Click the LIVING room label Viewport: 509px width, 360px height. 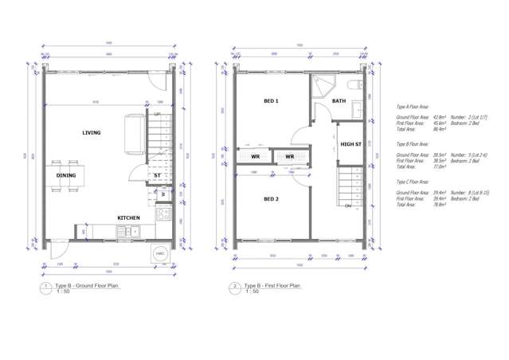[91, 133]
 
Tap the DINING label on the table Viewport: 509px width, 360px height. [66, 175]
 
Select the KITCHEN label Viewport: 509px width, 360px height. [129, 217]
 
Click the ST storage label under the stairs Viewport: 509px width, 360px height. [157, 175]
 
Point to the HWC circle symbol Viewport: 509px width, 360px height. [159, 253]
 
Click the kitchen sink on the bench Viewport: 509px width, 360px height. [127, 232]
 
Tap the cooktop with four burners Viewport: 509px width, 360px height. [163, 213]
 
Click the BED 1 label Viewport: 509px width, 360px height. [271, 101]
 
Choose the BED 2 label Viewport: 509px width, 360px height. [271, 199]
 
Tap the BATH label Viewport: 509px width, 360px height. [339, 101]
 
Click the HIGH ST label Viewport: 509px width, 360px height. [351, 144]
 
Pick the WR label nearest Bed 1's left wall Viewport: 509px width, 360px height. [255, 157]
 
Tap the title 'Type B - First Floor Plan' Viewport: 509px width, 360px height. [272, 284]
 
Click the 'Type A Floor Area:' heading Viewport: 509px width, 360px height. [413, 105]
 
